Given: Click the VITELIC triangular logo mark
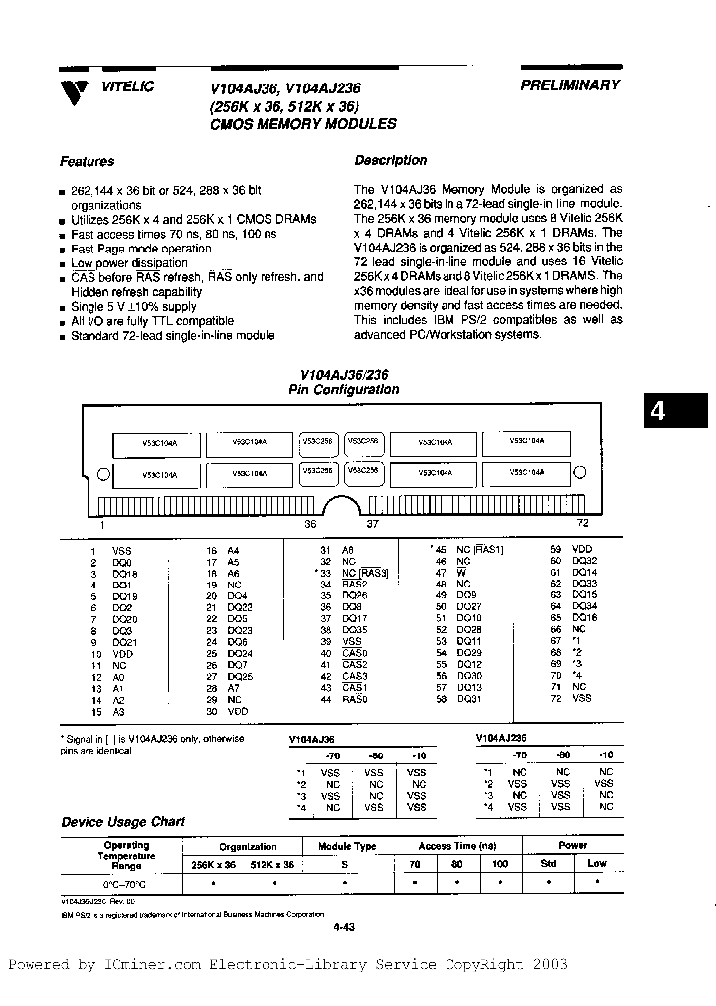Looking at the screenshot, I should (x=72, y=91).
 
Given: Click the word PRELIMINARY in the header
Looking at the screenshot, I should (x=570, y=85).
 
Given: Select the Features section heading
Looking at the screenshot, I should (x=87, y=161).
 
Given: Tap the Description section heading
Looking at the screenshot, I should (x=390, y=160).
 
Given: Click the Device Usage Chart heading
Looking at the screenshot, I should (x=123, y=822).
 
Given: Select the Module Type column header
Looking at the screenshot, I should (x=346, y=846).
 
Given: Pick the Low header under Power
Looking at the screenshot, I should (x=596, y=863).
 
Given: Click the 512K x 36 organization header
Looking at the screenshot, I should (x=271, y=864).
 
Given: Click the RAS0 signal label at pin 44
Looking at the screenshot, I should (x=354, y=700).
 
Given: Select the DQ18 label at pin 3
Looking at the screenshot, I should (x=125, y=574).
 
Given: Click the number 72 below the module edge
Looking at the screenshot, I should (x=584, y=523).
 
